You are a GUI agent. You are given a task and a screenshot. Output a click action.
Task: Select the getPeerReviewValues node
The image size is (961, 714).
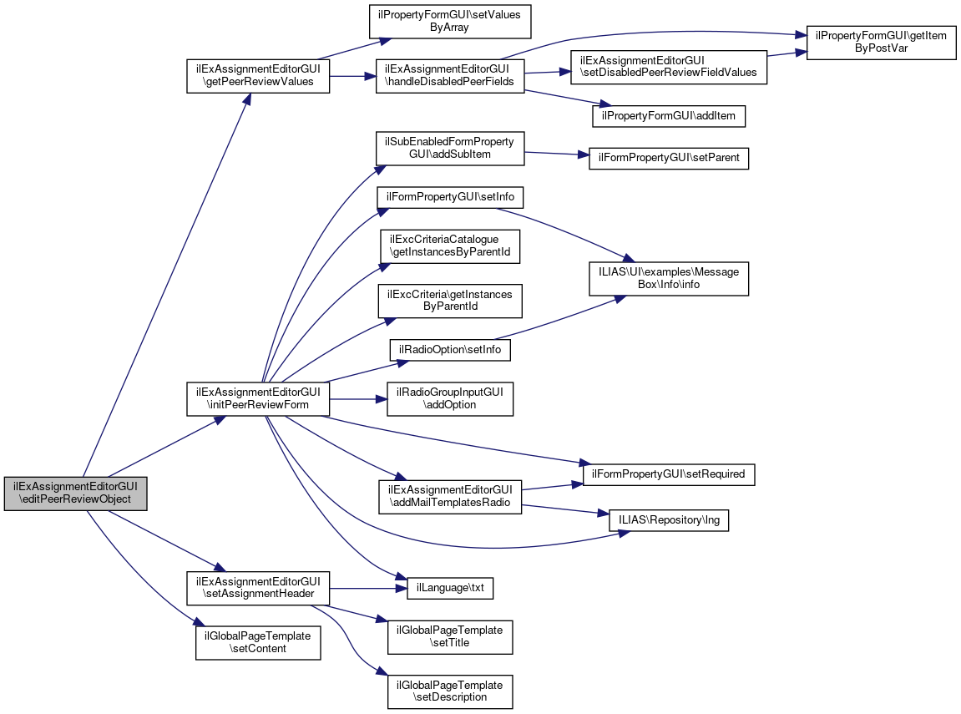point(257,75)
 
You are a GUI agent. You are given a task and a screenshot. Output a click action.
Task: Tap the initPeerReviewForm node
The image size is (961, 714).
point(257,398)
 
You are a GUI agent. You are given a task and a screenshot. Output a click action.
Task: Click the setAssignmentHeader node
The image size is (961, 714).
point(257,588)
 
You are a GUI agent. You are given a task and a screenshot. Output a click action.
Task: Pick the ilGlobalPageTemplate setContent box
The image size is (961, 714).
point(258,642)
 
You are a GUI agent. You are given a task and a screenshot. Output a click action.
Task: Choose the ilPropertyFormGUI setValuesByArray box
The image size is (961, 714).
point(450,20)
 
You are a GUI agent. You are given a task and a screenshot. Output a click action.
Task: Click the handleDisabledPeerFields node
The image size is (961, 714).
point(450,75)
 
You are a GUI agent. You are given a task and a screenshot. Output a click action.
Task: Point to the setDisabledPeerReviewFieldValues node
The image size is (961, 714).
point(668,66)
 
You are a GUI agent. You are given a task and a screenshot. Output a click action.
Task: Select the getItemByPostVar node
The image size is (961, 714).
point(880,41)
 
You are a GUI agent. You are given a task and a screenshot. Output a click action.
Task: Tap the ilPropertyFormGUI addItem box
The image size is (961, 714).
point(668,115)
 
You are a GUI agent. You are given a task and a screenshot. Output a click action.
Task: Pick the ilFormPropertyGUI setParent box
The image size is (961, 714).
point(668,159)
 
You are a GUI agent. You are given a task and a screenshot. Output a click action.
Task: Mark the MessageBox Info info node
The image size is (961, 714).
point(668,278)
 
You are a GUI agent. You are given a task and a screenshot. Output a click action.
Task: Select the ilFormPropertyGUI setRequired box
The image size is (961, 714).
point(668,474)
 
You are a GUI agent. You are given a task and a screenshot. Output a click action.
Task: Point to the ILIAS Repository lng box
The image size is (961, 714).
point(668,519)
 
